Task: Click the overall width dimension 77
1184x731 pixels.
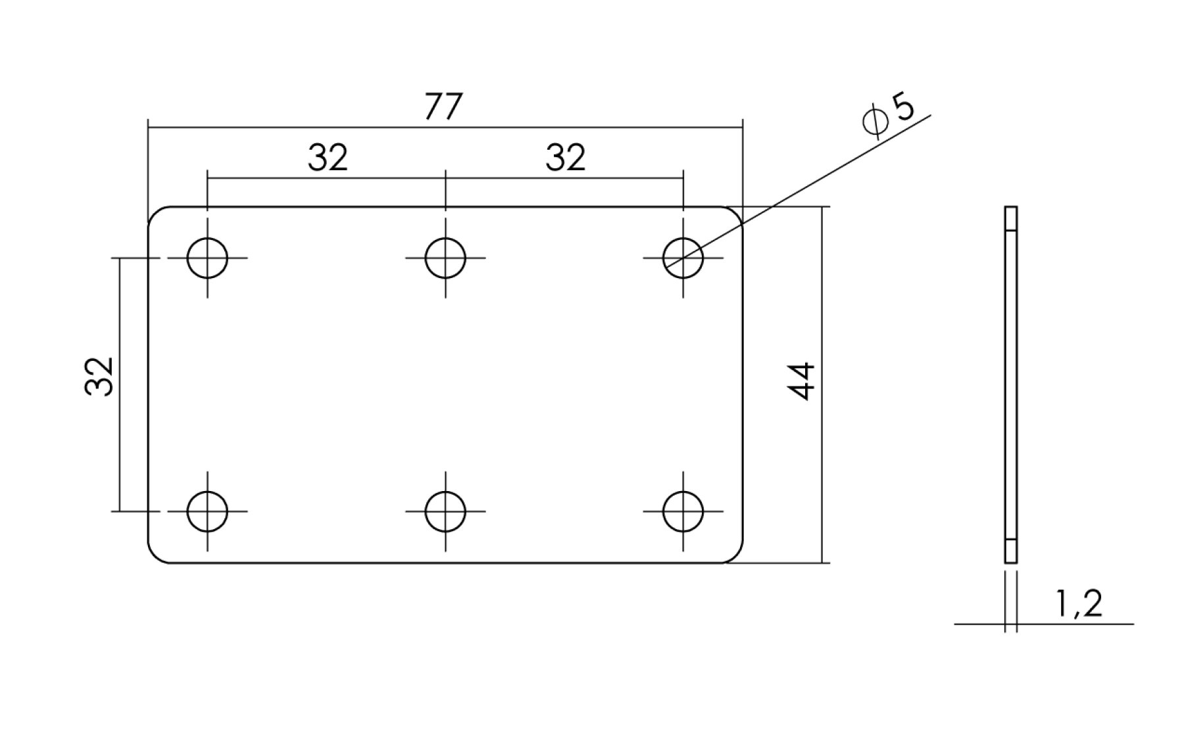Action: (x=443, y=106)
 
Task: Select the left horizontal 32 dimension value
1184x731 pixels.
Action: (x=328, y=158)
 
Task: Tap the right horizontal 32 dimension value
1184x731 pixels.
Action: (x=565, y=158)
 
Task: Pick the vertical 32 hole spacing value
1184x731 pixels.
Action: (x=99, y=376)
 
